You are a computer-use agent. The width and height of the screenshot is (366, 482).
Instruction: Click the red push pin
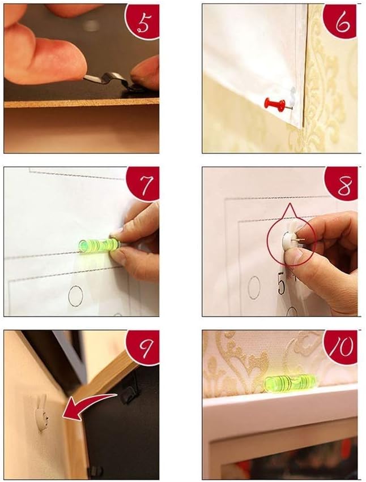(275, 104)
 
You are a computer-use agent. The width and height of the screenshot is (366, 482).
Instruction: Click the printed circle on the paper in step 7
(74, 295)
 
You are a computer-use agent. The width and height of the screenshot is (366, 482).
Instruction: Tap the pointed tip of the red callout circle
(290, 208)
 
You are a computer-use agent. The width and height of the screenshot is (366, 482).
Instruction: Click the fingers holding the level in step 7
(136, 243)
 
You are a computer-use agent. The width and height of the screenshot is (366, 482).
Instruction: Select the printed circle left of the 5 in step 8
(254, 287)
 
